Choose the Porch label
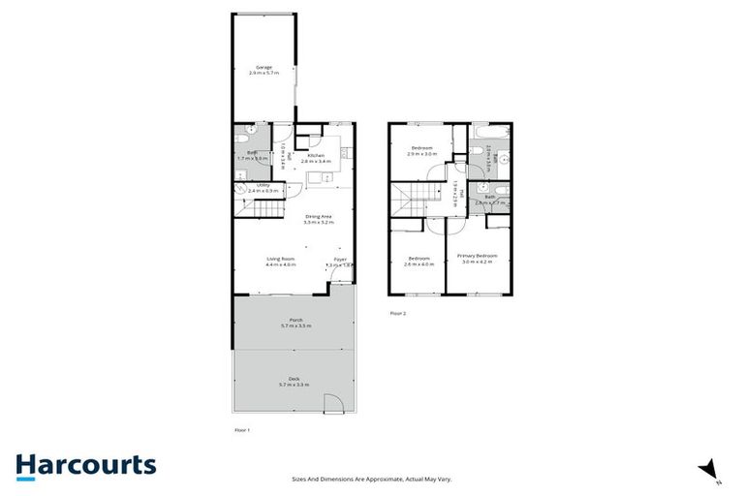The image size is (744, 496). (296, 323)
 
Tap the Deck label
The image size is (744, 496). (294, 381)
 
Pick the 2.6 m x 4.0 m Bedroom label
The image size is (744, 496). (418, 260)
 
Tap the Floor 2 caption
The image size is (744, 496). (398, 314)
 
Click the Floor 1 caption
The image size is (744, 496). (242, 429)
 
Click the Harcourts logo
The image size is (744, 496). (85, 465)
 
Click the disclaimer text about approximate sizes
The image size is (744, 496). (372, 479)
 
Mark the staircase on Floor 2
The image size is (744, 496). (408, 203)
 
